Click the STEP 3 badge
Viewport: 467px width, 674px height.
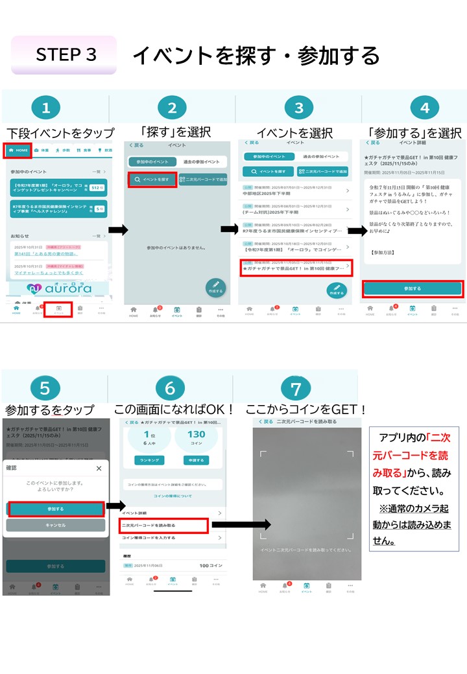pyautogui.click(x=64, y=55)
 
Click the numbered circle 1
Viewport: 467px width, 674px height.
pyautogui.click(x=45, y=109)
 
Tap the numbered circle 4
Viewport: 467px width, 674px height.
pyautogui.click(x=425, y=109)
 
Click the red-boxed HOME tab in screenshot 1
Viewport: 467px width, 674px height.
pyautogui.click(x=18, y=150)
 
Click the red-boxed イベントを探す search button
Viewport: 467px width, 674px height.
pyautogui.click(x=152, y=180)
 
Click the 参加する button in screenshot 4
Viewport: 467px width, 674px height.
pyautogui.click(x=413, y=288)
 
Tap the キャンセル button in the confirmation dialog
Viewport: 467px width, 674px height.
pyautogui.click(x=55, y=525)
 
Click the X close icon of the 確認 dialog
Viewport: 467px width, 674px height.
pyautogui.click(x=99, y=468)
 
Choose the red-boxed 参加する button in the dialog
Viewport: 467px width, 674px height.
pyautogui.click(x=55, y=509)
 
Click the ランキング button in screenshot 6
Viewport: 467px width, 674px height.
pyautogui.click(x=149, y=459)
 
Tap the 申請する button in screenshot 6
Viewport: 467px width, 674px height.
pyautogui.click(x=195, y=459)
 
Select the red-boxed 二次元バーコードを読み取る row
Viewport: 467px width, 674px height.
pyautogui.click(x=163, y=525)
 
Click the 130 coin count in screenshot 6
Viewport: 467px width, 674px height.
pyautogui.click(x=195, y=435)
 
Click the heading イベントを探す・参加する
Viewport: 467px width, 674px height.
pyautogui.click(x=256, y=56)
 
